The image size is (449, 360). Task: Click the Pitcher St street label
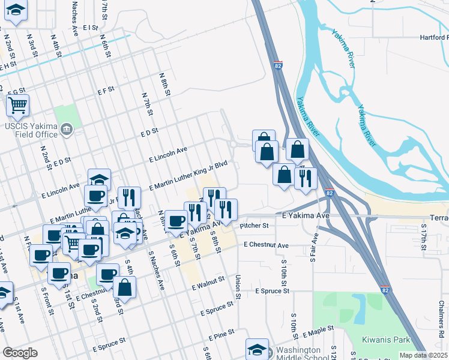point(254,226)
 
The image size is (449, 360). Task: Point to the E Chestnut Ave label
point(266,245)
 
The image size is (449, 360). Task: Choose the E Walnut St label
point(208,284)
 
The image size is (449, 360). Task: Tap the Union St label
point(238,287)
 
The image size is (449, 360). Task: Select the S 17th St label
point(423,239)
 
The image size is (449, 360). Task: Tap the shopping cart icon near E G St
point(17,106)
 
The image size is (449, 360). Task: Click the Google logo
point(20,353)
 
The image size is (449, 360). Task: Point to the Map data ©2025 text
point(423,355)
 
